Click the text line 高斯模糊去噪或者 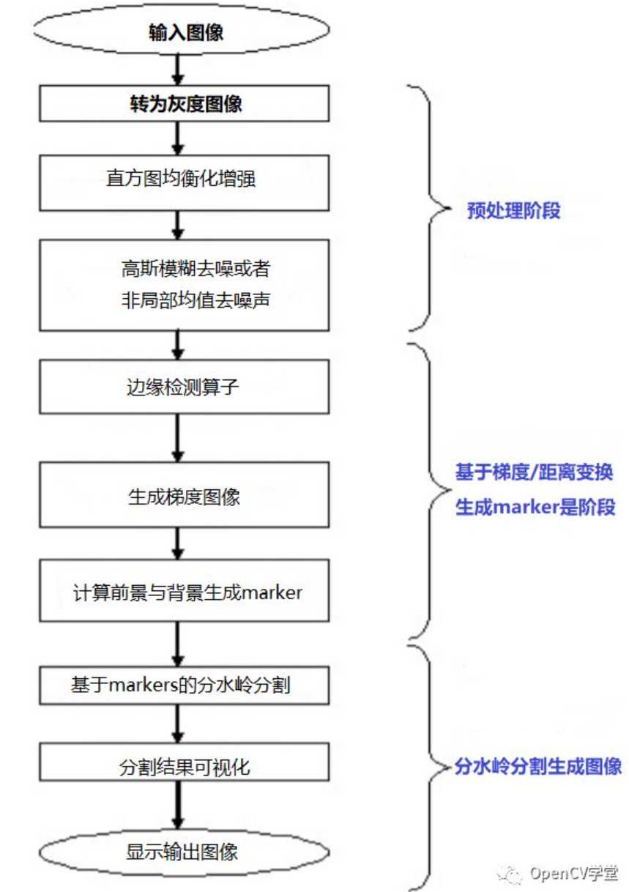point(196,269)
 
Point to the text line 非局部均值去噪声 point(196,300)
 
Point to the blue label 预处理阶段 point(513,210)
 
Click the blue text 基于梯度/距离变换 point(534,472)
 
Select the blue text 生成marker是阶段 point(535,507)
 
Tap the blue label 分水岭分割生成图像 point(537,766)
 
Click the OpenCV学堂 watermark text point(573,873)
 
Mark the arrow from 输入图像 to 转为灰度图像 point(178,70)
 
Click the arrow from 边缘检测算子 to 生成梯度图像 point(178,438)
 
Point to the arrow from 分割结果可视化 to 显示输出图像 point(178,805)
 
